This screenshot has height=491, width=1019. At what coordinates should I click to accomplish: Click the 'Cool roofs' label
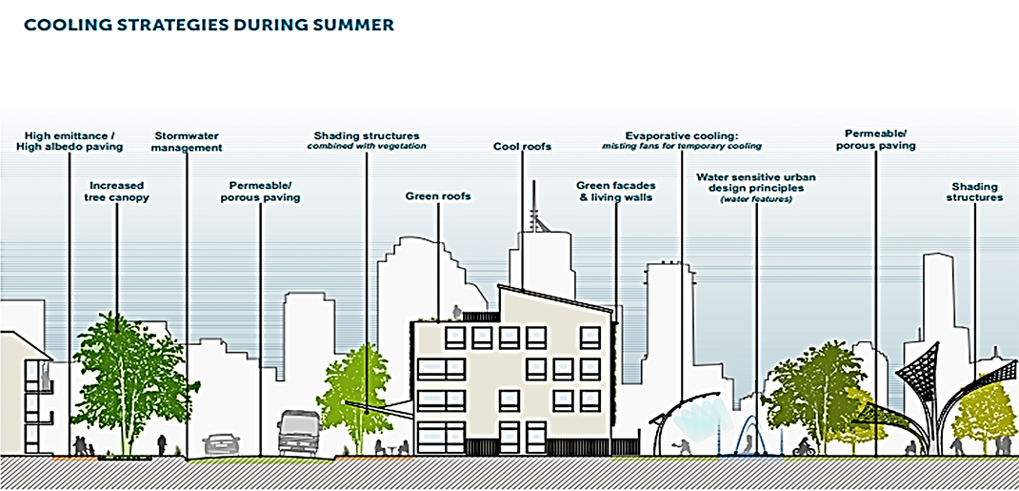pyautogui.click(x=522, y=147)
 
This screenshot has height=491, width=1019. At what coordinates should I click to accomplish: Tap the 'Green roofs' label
pyautogui.click(x=438, y=196)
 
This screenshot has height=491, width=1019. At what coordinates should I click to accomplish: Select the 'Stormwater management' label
pyautogui.click(x=188, y=142)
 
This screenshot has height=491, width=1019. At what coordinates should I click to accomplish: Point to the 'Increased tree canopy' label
pyautogui.click(x=118, y=192)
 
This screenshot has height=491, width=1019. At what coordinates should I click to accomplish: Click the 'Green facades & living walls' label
pyautogui.click(x=615, y=192)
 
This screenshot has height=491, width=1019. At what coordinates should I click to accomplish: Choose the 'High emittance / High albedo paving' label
pyautogui.click(x=69, y=142)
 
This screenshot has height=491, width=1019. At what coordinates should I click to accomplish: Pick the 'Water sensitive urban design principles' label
pyautogui.click(x=756, y=182)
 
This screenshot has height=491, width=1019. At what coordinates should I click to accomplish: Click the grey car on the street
pyautogui.click(x=222, y=443)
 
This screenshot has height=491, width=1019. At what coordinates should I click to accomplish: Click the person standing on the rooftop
pyautogui.click(x=457, y=312)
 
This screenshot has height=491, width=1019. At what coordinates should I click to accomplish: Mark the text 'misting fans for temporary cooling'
pyautogui.click(x=682, y=147)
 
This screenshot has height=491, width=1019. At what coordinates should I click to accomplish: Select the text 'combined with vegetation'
pyautogui.click(x=367, y=147)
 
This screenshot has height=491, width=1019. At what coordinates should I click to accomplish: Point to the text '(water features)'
pyautogui.click(x=756, y=198)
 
